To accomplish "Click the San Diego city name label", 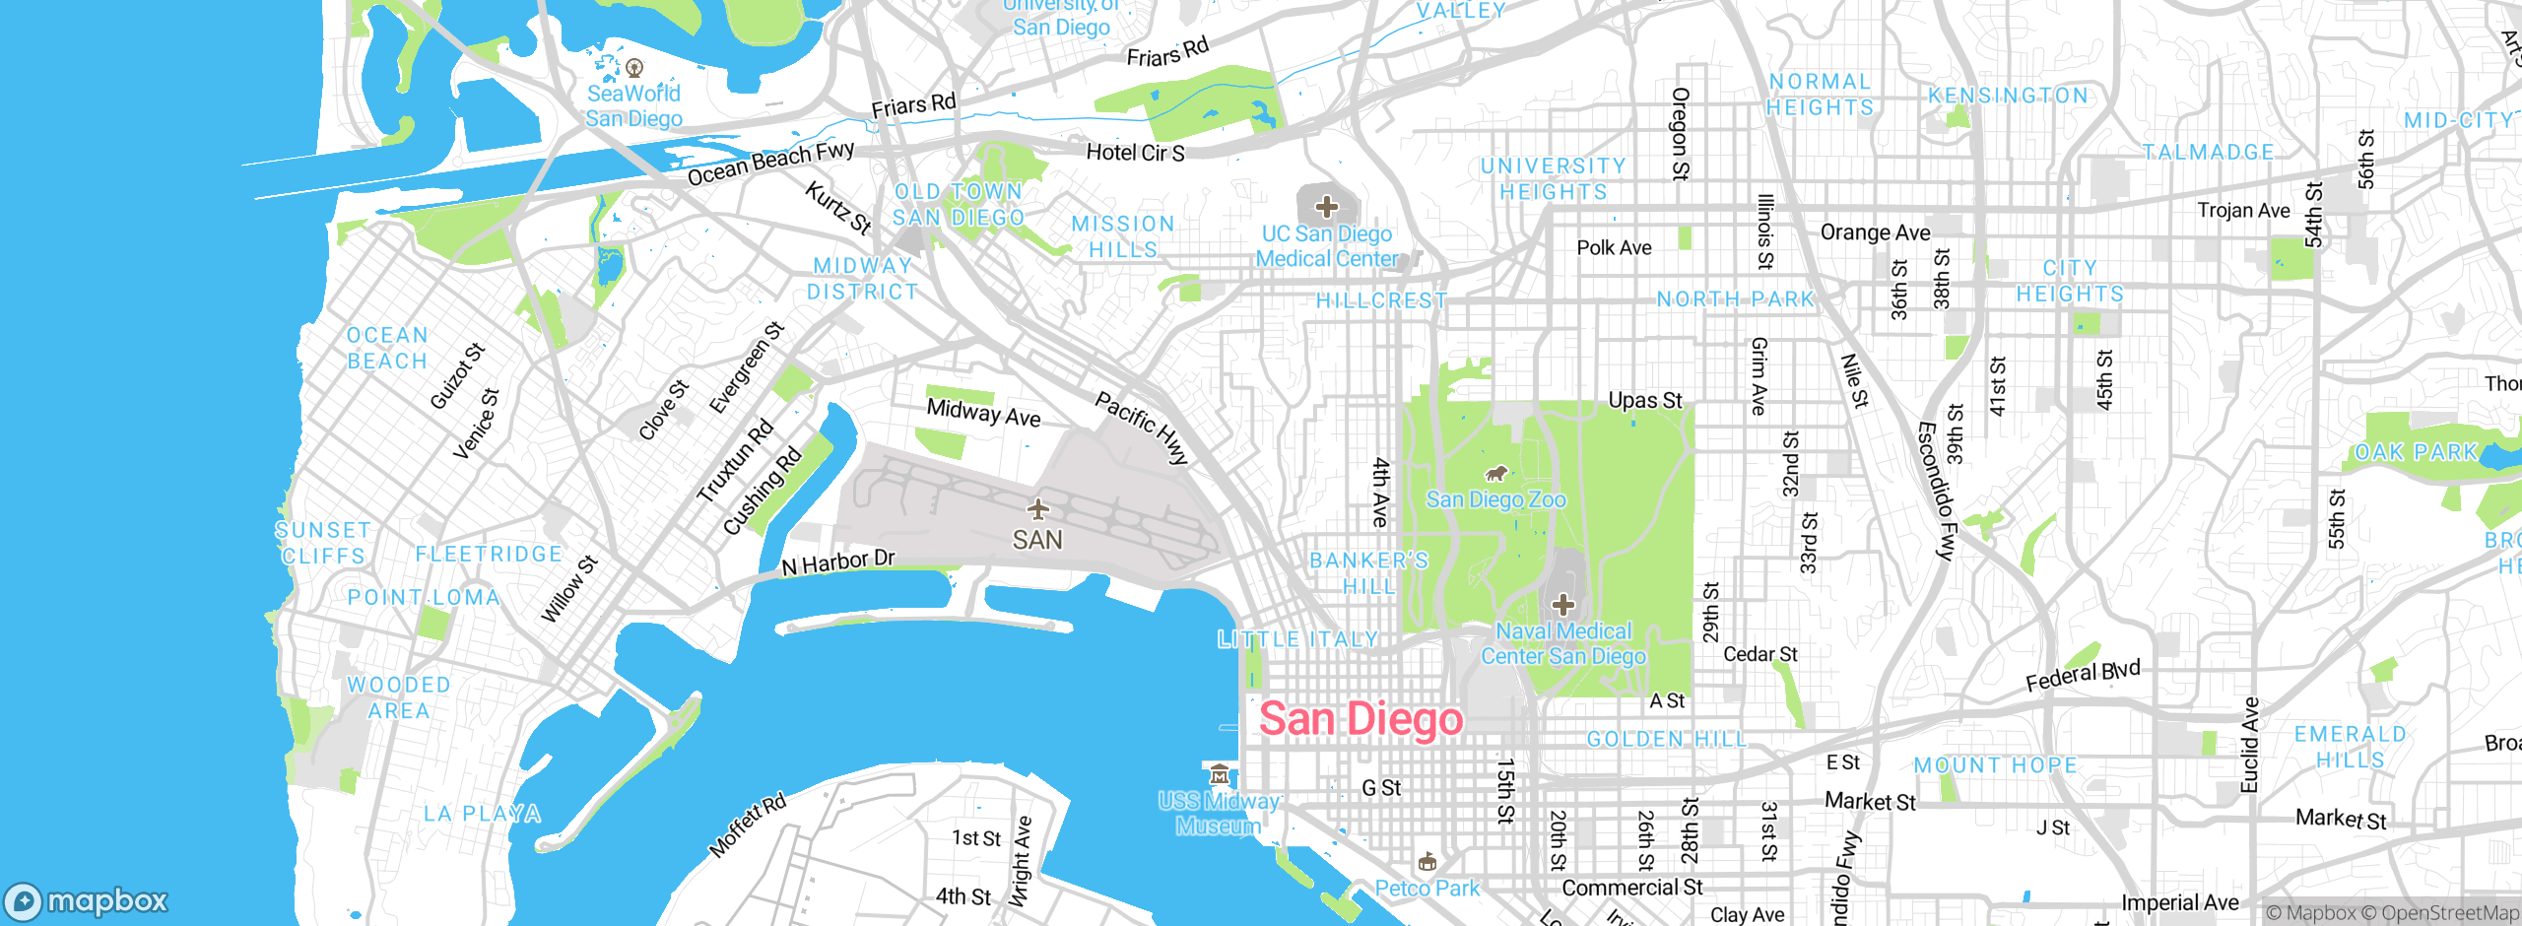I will point(1361,718).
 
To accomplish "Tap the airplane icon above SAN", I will point(1037,509).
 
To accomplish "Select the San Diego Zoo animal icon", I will point(1496,475).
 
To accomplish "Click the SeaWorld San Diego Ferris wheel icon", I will point(634,68).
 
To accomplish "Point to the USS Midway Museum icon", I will point(1220,773).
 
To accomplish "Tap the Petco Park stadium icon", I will point(1427,863).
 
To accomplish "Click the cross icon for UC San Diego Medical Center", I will point(1327,207).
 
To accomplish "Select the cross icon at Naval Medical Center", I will point(1563,605).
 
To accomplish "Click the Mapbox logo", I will point(87,900).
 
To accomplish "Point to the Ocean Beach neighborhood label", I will point(387,348).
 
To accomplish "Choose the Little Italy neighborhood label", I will point(1297,639).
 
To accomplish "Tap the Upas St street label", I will point(1644,400).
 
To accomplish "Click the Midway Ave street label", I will point(983,413).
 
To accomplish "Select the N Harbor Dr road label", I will point(837,562).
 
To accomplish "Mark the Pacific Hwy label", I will point(1142,428).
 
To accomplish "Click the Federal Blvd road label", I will point(2082,676).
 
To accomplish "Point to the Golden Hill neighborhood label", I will point(1666,739).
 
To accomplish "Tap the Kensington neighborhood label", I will point(2008,96).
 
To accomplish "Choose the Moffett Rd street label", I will point(748,825).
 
